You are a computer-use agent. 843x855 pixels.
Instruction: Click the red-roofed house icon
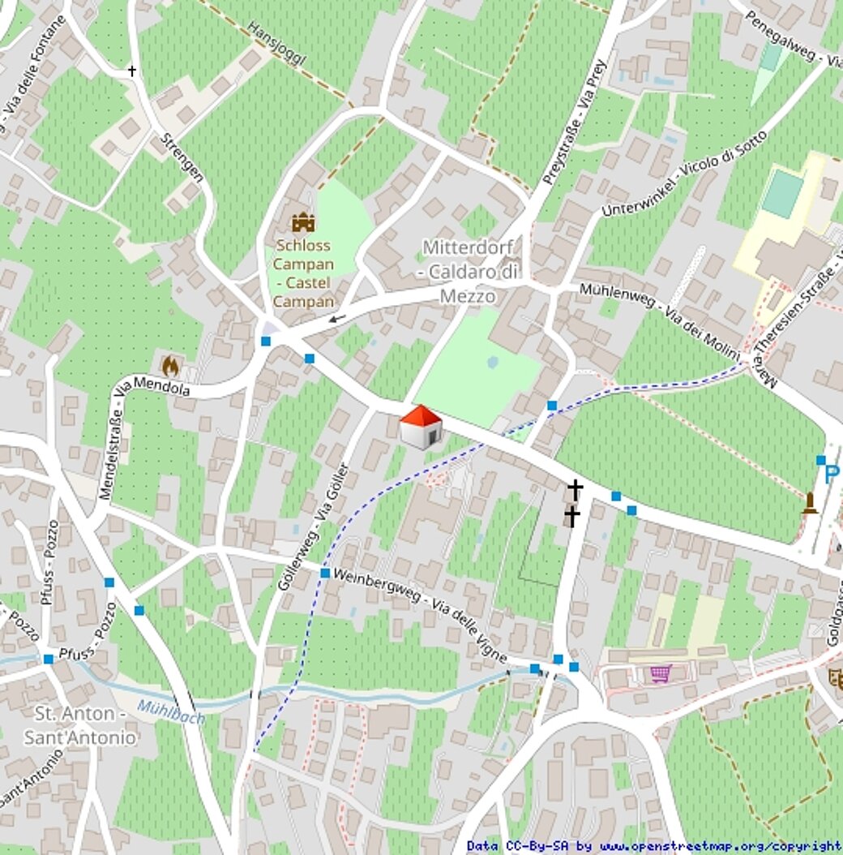[x=421, y=427]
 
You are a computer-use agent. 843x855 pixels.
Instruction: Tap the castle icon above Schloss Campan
[x=303, y=222]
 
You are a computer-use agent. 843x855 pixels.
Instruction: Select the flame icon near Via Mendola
[x=170, y=366]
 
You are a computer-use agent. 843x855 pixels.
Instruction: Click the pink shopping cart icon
[x=661, y=673]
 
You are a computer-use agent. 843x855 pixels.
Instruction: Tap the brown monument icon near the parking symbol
[x=809, y=503]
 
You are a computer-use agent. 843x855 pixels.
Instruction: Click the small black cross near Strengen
[x=132, y=71]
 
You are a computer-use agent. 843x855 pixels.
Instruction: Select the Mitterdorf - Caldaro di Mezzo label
[x=468, y=272]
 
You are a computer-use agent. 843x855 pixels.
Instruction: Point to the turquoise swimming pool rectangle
[x=782, y=193]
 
